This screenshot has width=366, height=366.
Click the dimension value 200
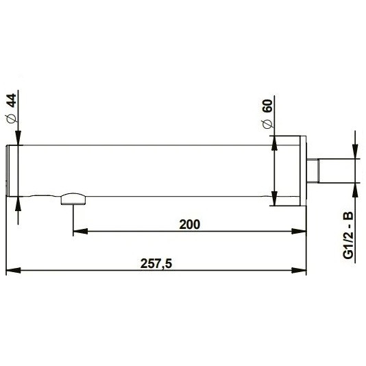click(x=190, y=225)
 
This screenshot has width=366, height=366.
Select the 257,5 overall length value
click(x=156, y=264)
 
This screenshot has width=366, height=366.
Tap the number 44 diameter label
click(x=11, y=100)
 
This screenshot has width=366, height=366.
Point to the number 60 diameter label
click(x=267, y=106)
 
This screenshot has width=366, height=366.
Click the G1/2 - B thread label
click(x=347, y=235)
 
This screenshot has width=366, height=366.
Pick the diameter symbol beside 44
click(x=12, y=119)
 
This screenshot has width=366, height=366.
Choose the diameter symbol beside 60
click(x=268, y=123)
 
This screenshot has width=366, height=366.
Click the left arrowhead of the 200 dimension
click(x=80, y=231)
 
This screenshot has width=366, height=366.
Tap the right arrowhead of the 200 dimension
click(x=299, y=231)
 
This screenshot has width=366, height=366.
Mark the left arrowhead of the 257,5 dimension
click(x=13, y=271)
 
